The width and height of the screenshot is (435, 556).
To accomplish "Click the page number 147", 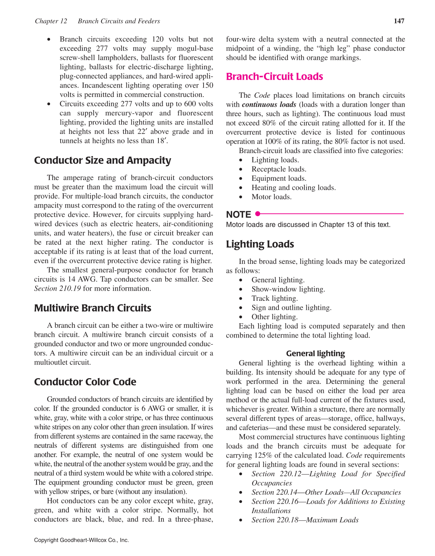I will pos(399,21).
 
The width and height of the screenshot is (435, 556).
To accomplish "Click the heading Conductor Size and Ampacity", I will pos(102,161).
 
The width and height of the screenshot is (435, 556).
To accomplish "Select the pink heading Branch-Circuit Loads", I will pos(274,77).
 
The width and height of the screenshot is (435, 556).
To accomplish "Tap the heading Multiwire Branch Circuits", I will pos(93,308).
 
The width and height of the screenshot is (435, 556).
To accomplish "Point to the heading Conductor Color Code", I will pos(85,382).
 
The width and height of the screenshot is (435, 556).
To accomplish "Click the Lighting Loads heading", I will pos(260,244).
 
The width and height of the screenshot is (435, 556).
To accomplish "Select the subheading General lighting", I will pos(315,353).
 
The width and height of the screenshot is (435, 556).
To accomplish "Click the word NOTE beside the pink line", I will pos(238,215).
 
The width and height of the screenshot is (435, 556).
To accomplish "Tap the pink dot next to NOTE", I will pos(258,214).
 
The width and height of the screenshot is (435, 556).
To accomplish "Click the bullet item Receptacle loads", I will pos(279,169).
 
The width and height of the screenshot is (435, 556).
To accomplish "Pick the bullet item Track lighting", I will pos(274,298).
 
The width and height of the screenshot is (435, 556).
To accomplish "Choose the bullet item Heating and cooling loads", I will pos(294,188).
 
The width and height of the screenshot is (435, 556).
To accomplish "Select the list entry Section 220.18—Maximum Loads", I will pos(305,520).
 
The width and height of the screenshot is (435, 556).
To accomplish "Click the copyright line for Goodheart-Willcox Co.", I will pos(81,540).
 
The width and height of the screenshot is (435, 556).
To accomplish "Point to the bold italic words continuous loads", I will pos(269,105).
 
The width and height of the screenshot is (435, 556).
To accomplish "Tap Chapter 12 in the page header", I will pos(51,21).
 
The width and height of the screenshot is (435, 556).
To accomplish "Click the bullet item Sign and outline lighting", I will pos(291,308).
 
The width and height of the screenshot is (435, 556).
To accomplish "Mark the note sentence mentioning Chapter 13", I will pos(308,225).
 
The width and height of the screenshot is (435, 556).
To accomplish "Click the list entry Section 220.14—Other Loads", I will pos(326,492).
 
